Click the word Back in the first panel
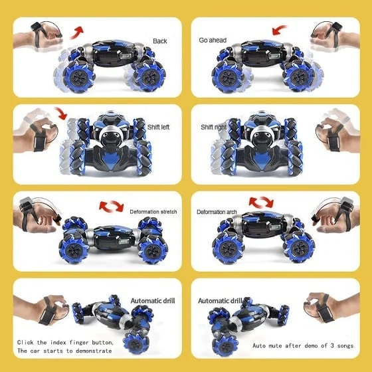point(160,41)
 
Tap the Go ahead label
point(213,41)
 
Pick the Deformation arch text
point(217,212)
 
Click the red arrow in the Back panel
point(78,32)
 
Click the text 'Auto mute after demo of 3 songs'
point(302,346)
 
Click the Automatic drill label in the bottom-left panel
point(153,300)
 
